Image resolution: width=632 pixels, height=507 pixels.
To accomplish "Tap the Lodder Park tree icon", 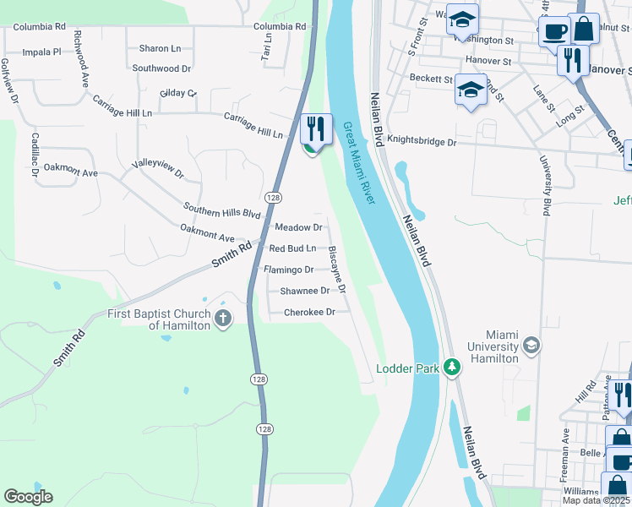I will (453, 367).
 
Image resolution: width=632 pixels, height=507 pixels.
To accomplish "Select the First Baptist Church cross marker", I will (223, 319).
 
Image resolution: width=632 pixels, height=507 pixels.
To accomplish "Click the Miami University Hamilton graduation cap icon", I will (531, 344).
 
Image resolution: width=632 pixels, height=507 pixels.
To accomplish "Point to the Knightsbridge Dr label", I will (422, 143).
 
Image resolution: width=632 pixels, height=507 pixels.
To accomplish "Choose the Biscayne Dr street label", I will (336, 270).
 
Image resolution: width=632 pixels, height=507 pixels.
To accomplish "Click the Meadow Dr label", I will (299, 227).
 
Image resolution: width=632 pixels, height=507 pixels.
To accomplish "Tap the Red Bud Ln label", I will (292, 248).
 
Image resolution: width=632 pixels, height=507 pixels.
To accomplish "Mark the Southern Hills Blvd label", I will (223, 210).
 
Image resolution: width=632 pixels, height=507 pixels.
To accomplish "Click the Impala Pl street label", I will (42, 52).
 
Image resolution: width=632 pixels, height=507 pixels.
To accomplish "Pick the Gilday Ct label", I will (177, 93).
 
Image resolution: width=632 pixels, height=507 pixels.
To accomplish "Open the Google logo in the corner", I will (28, 497).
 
